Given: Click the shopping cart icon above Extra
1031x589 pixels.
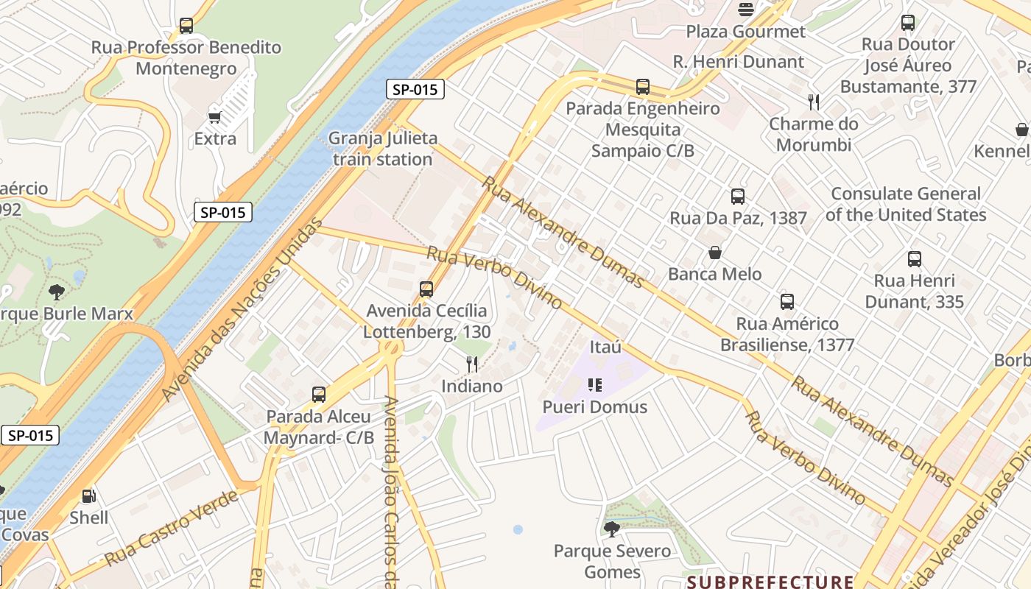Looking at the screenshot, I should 215,117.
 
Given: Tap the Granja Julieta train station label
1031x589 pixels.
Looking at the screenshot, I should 383,149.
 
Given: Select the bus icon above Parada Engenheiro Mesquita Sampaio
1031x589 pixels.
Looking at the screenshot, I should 643,87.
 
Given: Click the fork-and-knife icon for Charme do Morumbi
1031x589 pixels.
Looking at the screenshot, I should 814,102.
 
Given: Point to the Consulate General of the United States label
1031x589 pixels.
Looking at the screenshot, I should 906,204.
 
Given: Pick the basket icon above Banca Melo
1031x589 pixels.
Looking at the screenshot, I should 714,253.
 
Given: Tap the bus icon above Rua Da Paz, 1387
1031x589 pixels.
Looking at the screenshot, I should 738,197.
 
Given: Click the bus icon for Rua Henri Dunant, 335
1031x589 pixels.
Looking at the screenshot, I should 915,259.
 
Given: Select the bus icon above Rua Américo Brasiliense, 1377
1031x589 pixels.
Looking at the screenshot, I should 787,302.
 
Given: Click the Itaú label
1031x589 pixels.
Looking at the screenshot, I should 606,347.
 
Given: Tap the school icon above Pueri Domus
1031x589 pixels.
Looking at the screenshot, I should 595,385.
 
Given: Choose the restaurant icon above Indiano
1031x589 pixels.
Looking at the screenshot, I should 472,364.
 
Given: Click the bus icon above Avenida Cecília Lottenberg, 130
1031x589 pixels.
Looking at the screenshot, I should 426,289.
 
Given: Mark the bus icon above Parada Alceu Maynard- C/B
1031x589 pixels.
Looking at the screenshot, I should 319,395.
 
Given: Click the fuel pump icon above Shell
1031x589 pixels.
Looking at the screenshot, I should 88,496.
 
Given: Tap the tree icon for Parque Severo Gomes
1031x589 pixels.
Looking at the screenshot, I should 612,529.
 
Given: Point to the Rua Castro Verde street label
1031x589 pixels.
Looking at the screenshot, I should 172,528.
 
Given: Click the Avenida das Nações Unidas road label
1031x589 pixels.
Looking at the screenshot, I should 242,310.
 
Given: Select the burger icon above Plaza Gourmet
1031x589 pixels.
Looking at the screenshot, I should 746,10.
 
